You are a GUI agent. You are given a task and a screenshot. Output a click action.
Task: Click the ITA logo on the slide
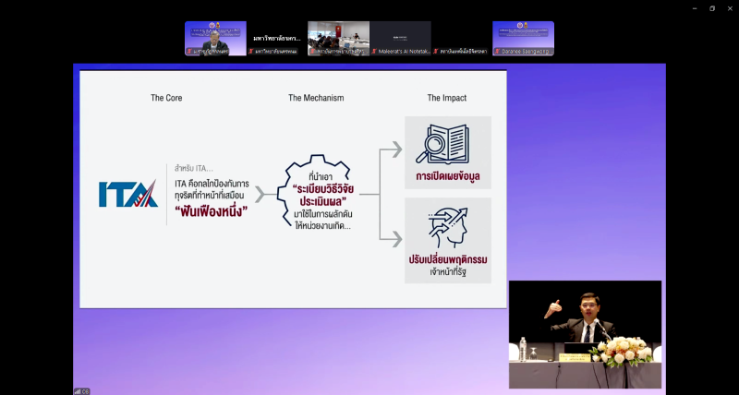pos(127,193)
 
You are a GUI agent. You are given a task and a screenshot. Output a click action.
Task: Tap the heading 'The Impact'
pos(446,97)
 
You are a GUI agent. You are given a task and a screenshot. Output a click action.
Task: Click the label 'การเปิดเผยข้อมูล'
pos(447,176)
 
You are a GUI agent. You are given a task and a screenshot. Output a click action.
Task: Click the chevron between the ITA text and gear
pos(260,194)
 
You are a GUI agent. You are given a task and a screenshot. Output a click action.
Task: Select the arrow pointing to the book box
pos(392,150)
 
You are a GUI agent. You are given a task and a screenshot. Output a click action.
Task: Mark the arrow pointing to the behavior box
pos(392,237)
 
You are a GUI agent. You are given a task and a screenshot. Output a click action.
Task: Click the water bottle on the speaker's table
pos(524,348)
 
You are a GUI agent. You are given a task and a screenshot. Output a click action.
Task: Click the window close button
pos(729,7)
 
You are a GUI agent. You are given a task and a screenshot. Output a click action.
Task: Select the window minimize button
pos(695,7)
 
